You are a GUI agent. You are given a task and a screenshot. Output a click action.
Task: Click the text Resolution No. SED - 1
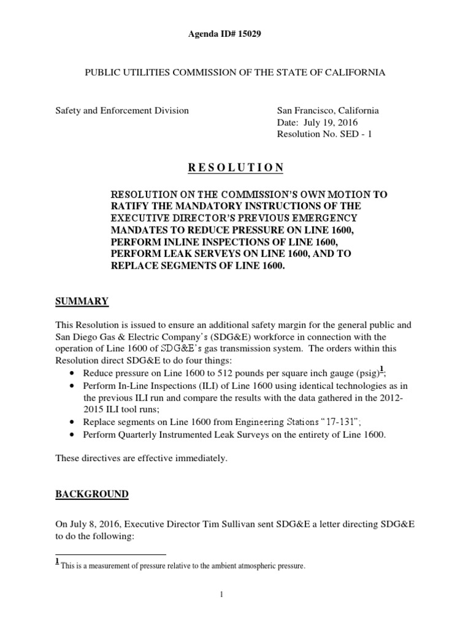pos(324,134)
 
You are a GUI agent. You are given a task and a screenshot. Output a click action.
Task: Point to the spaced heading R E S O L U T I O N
pos(235,167)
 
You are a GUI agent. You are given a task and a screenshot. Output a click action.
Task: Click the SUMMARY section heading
pos(82,301)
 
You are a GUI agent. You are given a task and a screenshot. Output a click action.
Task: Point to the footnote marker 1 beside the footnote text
pos(57,562)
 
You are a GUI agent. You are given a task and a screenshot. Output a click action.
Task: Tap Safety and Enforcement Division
pos(122,111)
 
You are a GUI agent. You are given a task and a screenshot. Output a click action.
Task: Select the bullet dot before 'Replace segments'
pos(73,423)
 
